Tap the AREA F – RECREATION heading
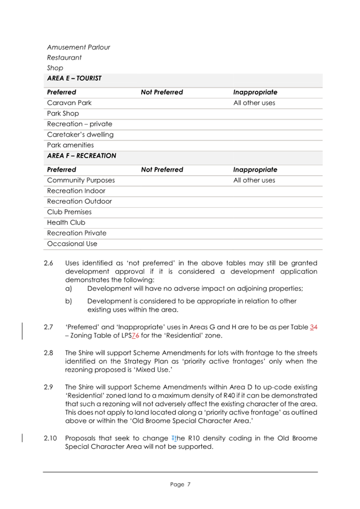pyautogui.click(x=82, y=156)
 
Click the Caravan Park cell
pyautogui.click(x=69, y=103)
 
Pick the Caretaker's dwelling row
pyautogui.click(x=80, y=134)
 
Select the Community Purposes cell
pyautogui.click(x=80, y=180)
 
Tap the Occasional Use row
pyautogui.click(x=72, y=243)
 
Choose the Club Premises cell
pyautogui.click(x=69, y=212)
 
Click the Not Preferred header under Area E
pyautogui.click(x=162, y=92)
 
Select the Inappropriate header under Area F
pyautogui.click(x=255, y=170)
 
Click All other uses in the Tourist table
pyautogui.click(x=254, y=103)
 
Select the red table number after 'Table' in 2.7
pyautogui.click(x=315, y=327)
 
